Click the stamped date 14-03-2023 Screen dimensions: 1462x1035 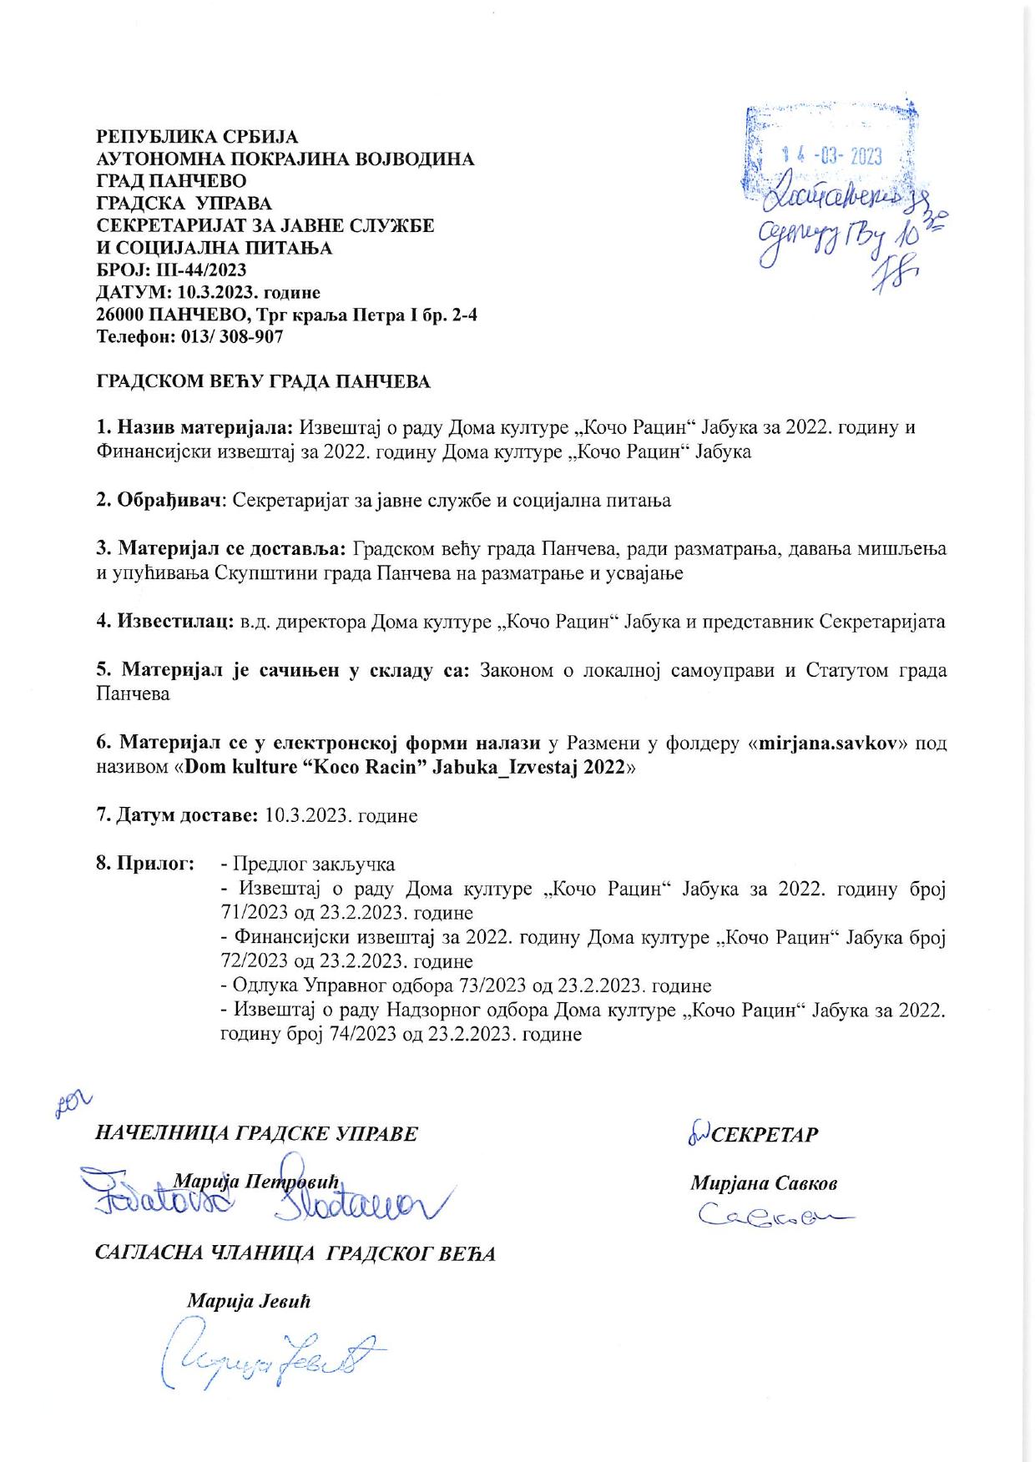click(831, 157)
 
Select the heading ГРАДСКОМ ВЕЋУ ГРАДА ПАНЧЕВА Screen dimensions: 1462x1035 click(264, 383)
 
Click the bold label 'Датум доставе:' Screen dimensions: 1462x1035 click(177, 815)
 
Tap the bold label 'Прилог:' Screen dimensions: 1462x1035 click(145, 864)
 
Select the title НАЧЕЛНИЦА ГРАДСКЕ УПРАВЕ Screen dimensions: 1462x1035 click(257, 1133)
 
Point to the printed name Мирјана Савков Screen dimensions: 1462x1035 click(764, 1183)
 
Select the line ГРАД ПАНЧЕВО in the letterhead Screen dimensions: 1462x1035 click(172, 180)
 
